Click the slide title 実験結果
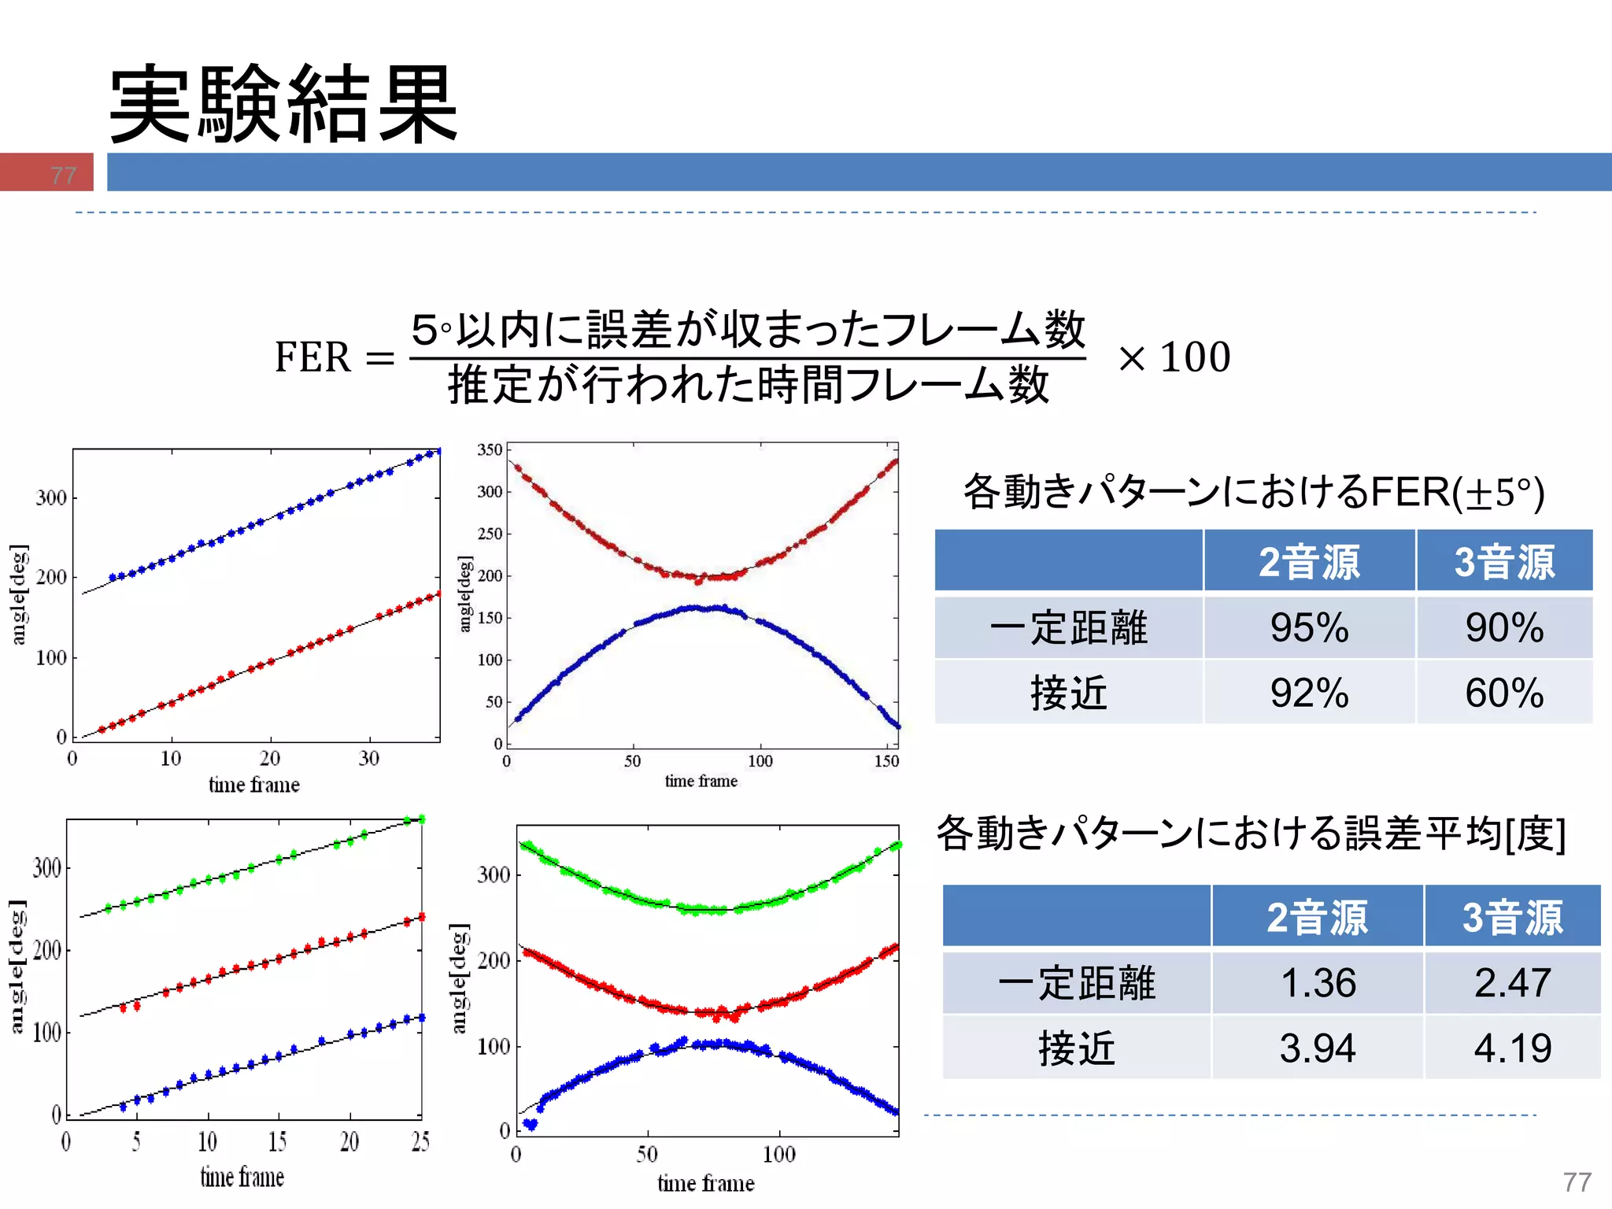(x=283, y=104)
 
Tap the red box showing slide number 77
(x=47, y=172)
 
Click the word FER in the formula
(x=312, y=357)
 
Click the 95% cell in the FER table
(x=1309, y=627)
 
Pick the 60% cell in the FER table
(x=1504, y=693)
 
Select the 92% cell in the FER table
(x=1309, y=693)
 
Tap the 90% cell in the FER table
(x=1504, y=627)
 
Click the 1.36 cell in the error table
(x=1318, y=983)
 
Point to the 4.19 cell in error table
(x=1512, y=1048)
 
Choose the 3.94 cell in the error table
(x=1318, y=1048)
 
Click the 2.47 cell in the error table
(x=1512, y=983)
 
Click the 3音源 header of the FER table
(x=1504, y=562)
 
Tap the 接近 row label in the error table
(x=1076, y=1048)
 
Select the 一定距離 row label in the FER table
(x=1068, y=627)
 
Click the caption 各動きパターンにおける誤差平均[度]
(x=1251, y=834)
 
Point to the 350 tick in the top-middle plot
(x=490, y=449)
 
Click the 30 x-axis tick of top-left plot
(x=369, y=758)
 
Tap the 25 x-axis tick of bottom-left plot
(x=420, y=1141)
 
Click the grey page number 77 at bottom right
(x=1577, y=1181)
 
